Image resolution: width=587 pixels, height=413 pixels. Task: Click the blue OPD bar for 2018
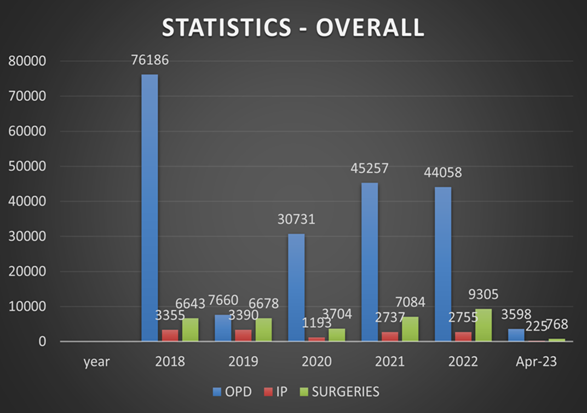click(149, 208)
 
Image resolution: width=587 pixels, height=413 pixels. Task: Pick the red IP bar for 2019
click(243, 336)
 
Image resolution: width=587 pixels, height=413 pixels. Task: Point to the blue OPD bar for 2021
click(370, 262)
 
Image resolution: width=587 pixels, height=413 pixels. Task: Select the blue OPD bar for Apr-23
click(516, 335)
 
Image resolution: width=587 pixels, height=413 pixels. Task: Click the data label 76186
click(149, 60)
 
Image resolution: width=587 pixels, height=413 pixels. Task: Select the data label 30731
click(296, 219)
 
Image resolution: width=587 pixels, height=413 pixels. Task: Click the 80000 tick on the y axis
click(27, 61)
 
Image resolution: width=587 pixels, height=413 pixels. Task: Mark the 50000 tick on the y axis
click(27, 166)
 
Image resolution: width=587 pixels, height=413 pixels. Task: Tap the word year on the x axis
click(96, 362)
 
